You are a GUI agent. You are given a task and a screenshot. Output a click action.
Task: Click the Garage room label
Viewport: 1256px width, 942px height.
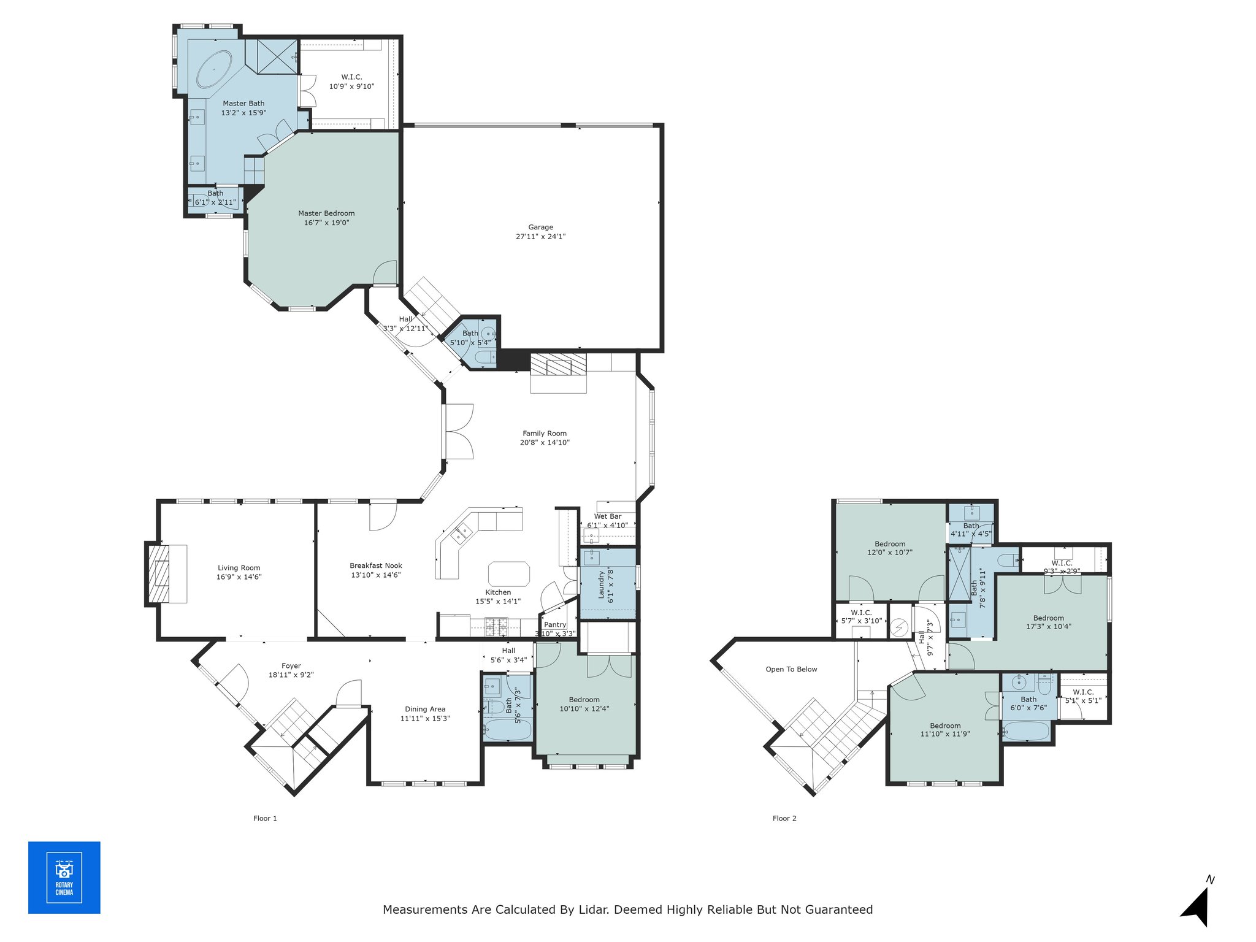click(540, 227)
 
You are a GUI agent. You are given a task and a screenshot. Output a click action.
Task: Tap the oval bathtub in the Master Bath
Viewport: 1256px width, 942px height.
click(214, 69)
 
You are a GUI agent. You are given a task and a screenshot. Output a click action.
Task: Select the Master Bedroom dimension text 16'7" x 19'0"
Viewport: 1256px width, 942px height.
click(326, 223)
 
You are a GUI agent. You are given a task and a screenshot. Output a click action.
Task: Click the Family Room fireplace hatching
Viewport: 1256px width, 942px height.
click(558, 364)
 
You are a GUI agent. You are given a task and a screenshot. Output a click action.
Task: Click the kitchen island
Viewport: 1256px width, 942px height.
click(509, 574)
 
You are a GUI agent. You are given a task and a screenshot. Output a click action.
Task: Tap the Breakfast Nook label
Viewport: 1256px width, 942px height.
click(376, 565)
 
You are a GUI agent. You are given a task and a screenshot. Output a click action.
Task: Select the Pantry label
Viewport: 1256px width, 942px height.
click(555, 624)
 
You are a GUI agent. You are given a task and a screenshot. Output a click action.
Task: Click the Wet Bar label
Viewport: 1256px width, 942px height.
click(607, 516)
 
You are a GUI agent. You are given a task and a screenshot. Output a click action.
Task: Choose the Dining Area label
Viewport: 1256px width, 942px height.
click(425, 709)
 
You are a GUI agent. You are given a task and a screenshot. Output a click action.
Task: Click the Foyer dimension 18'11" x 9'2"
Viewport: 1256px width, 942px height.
click(291, 675)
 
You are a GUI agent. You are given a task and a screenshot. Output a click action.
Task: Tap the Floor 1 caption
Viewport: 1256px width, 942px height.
click(265, 818)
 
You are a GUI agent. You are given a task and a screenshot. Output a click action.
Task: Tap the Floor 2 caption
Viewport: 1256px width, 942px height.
click(784, 818)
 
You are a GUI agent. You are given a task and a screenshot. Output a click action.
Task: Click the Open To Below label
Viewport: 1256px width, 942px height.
click(791, 669)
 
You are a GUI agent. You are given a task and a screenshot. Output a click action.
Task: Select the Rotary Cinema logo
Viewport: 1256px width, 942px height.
click(64, 878)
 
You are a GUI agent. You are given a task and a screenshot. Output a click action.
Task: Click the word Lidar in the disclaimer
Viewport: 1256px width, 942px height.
click(594, 909)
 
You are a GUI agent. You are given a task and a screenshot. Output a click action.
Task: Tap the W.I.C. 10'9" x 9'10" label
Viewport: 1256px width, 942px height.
click(351, 82)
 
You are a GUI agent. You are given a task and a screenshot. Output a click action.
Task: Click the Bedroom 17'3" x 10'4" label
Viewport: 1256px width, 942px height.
click(1049, 622)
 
